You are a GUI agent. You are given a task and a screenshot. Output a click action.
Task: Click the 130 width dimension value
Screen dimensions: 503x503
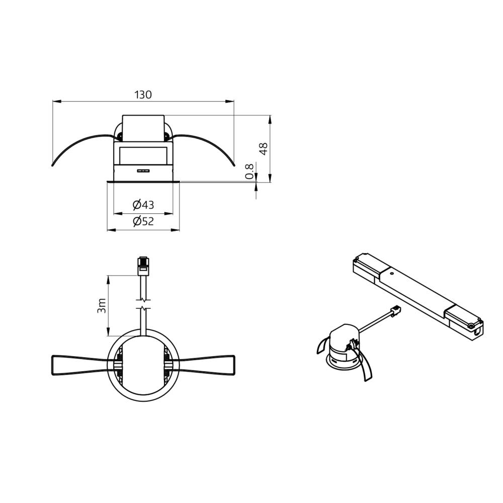143,95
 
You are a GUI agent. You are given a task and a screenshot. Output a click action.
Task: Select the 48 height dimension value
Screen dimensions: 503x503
263,148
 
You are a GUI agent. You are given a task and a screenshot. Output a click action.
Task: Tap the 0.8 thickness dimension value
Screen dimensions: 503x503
249,172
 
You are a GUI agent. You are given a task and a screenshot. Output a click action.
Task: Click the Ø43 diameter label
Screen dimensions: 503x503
143,205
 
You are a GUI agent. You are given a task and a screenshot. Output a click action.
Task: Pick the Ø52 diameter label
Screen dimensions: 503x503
143,221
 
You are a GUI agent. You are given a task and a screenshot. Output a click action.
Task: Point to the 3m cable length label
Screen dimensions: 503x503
102,305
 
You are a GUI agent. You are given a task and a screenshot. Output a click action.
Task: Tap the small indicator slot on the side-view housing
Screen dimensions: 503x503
143,171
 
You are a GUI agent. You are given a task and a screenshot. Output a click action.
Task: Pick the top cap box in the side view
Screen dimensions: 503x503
143,128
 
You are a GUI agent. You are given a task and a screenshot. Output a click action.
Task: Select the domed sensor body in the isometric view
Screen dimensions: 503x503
342,342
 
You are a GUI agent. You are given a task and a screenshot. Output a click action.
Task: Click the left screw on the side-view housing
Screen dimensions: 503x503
120,135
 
